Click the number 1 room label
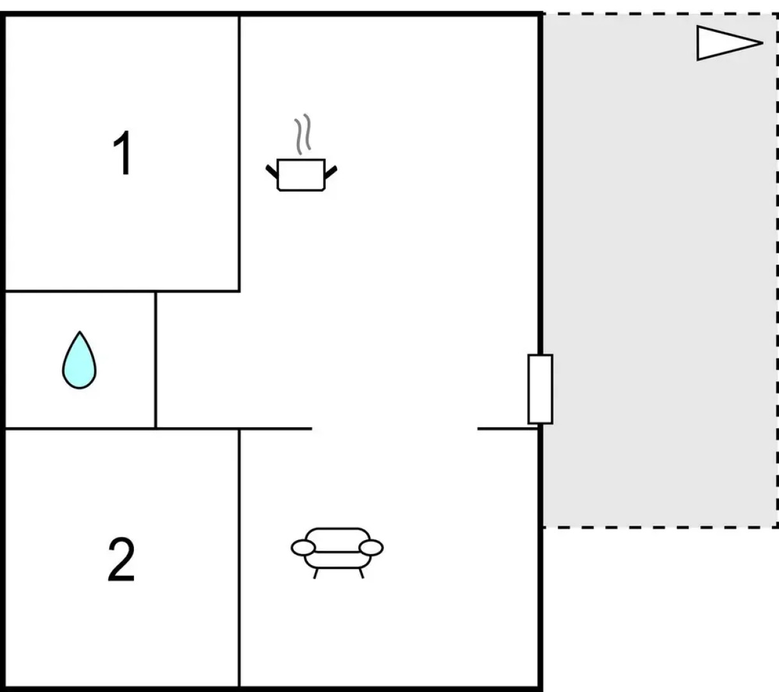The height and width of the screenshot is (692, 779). pyautogui.click(x=123, y=152)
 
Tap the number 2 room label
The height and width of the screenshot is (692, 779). pyautogui.click(x=121, y=559)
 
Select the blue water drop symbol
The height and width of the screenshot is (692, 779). pyautogui.click(x=80, y=360)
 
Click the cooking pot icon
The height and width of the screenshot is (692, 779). pyautogui.click(x=301, y=175)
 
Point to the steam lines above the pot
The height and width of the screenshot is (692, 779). pyautogui.click(x=303, y=134)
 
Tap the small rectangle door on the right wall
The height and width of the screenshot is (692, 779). pyautogui.click(x=540, y=389)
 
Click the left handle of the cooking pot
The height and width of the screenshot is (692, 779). pyautogui.click(x=272, y=171)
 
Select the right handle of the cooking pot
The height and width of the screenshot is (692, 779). pyautogui.click(x=331, y=172)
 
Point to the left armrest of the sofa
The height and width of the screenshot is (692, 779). pyautogui.click(x=303, y=548)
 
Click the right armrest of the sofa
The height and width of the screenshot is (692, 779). pyautogui.click(x=371, y=548)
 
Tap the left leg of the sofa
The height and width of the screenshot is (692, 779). pyautogui.click(x=315, y=573)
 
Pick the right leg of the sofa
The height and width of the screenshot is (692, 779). pyautogui.click(x=362, y=573)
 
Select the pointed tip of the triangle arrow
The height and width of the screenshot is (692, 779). pyautogui.click(x=763, y=43)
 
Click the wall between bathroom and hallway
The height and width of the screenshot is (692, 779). pyautogui.click(x=155, y=359)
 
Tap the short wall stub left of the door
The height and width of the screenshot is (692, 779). pyautogui.click(x=508, y=429)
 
